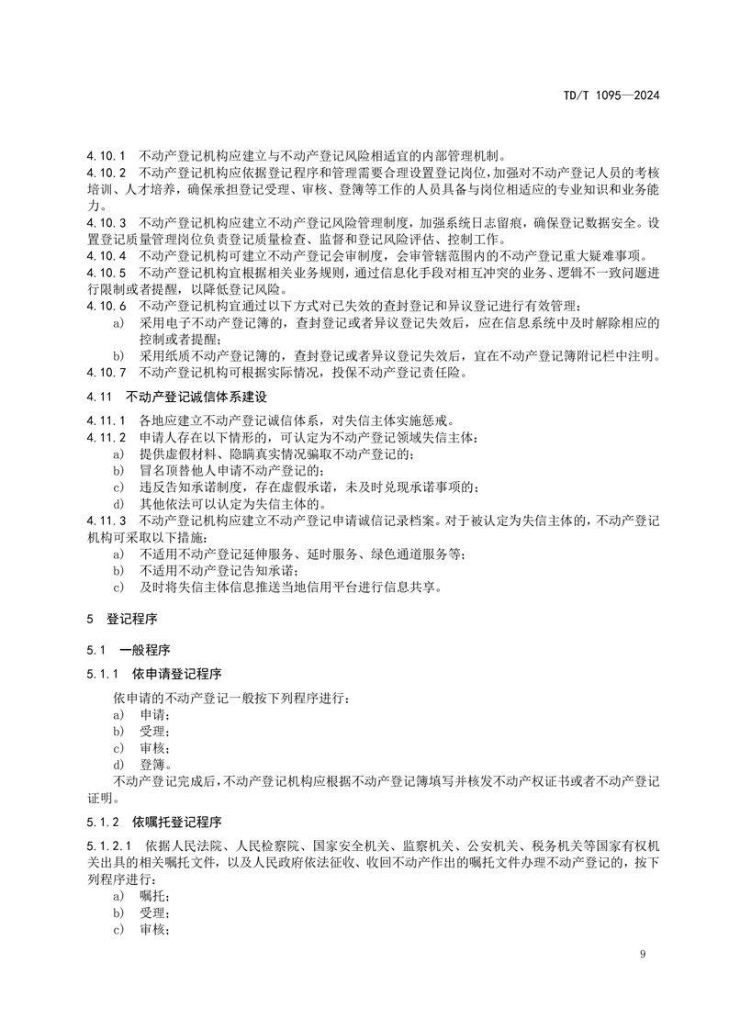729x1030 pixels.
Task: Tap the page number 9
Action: (643, 956)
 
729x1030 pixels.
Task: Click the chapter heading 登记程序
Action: (131, 621)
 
